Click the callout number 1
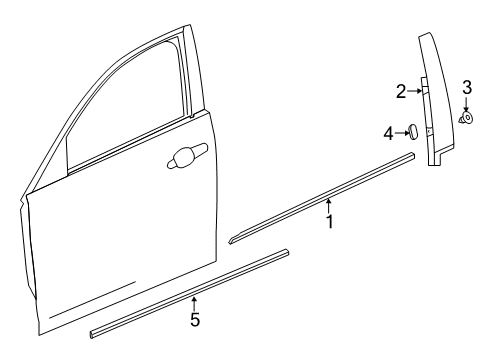point(329,222)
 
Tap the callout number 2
point(400,91)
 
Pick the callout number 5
point(195,321)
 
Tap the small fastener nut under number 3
point(466,119)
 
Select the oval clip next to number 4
point(411,131)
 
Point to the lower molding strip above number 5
point(190,290)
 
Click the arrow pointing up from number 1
point(328,205)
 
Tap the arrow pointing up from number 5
point(194,303)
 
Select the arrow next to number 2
point(415,91)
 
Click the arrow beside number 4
point(400,131)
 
